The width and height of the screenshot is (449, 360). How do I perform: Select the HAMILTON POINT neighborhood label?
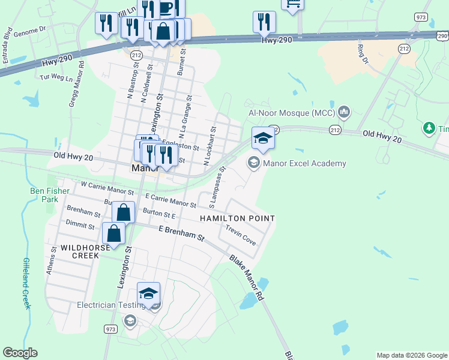pyautogui.click(x=237, y=219)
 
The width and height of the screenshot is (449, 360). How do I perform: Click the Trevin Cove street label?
pyautogui.click(x=241, y=235)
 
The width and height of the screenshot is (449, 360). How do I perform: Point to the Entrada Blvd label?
pyautogui.click(x=8, y=41)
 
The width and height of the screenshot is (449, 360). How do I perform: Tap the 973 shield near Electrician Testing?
pyautogui.click(x=110, y=329)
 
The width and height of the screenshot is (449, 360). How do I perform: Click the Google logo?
pyautogui.click(x=20, y=353)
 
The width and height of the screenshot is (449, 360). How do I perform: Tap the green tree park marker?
pyautogui.click(x=429, y=127)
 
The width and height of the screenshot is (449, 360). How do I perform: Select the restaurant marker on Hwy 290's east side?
pyautogui.click(x=264, y=22)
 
